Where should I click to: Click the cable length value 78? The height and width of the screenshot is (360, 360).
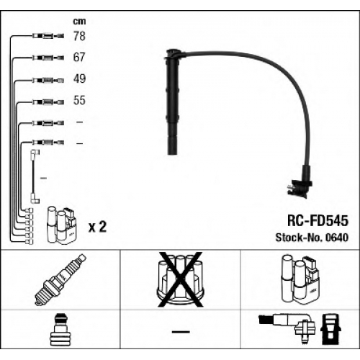tap(79, 36)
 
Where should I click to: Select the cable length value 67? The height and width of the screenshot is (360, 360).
tap(79, 57)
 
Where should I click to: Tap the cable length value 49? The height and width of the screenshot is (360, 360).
tap(79, 78)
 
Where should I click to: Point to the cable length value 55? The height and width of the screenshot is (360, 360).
tap(79, 100)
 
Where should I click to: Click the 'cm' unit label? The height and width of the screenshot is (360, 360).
tap(79, 22)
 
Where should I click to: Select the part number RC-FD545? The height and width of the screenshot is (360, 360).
tap(318, 220)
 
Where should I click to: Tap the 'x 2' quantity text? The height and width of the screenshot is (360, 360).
tap(97, 227)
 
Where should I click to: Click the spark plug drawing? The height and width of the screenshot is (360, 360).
tap(60, 280)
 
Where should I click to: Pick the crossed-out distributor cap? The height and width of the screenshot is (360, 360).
tap(180, 279)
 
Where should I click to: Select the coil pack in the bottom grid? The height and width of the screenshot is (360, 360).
tap(300, 279)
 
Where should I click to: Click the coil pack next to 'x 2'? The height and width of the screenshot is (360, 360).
tap(62, 225)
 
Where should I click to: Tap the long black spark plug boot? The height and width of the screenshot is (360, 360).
tap(174, 102)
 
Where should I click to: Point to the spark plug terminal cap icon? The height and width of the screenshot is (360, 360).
tap(60, 330)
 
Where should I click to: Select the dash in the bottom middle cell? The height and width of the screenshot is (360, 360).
tap(181, 332)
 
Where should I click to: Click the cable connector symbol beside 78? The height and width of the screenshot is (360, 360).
tap(48, 36)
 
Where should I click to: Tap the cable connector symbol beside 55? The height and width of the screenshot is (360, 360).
tap(48, 102)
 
